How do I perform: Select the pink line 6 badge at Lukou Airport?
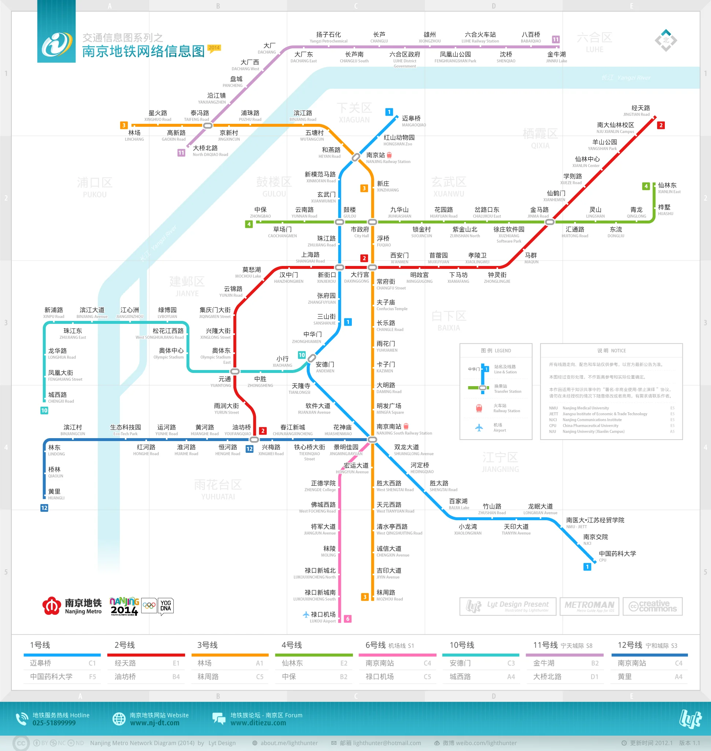tap(347, 619)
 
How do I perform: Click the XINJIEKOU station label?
tap(326, 277)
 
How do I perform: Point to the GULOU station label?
tap(349, 212)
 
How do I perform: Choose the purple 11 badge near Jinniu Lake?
tap(556, 40)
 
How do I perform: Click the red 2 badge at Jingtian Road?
tap(661, 125)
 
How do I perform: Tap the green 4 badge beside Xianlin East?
tap(646, 186)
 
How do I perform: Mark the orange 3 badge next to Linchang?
tap(124, 125)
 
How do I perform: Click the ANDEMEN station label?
tap(325, 367)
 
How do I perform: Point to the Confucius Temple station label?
tap(391, 305)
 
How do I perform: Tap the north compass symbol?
tap(666, 40)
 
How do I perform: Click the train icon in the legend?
tap(479, 408)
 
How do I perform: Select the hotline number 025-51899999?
tap(54, 723)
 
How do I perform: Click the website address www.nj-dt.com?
tap(155, 723)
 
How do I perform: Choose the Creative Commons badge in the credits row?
tap(652, 606)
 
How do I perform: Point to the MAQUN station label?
tap(531, 258)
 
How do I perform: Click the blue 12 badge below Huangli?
tap(44, 508)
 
